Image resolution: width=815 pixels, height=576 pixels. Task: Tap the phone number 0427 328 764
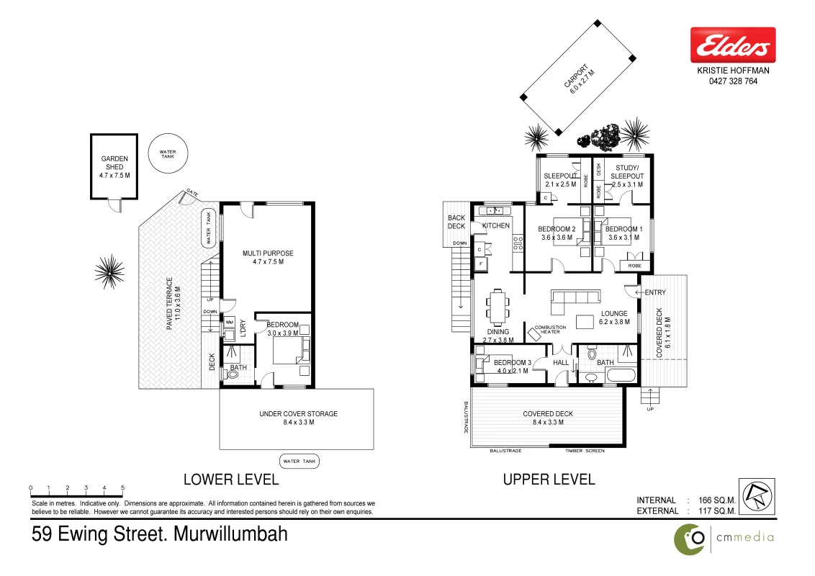(733, 81)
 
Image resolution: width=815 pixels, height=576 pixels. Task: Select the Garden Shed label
(114, 167)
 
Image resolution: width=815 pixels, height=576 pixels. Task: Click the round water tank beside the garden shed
(167, 153)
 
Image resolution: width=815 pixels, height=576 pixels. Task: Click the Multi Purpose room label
(267, 258)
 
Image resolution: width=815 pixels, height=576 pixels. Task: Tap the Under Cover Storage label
(298, 418)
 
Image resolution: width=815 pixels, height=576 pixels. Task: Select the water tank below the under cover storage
(299, 462)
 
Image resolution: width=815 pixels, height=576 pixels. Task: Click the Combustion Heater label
(550, 330)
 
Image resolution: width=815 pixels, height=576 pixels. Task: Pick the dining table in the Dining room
(497, 307)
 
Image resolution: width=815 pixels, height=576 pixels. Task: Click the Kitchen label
(495, 226)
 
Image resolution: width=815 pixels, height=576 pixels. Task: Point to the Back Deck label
(456, 222)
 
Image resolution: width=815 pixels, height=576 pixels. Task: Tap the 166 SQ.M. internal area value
(716, 500)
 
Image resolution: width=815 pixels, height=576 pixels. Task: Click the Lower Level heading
(230, 480)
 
